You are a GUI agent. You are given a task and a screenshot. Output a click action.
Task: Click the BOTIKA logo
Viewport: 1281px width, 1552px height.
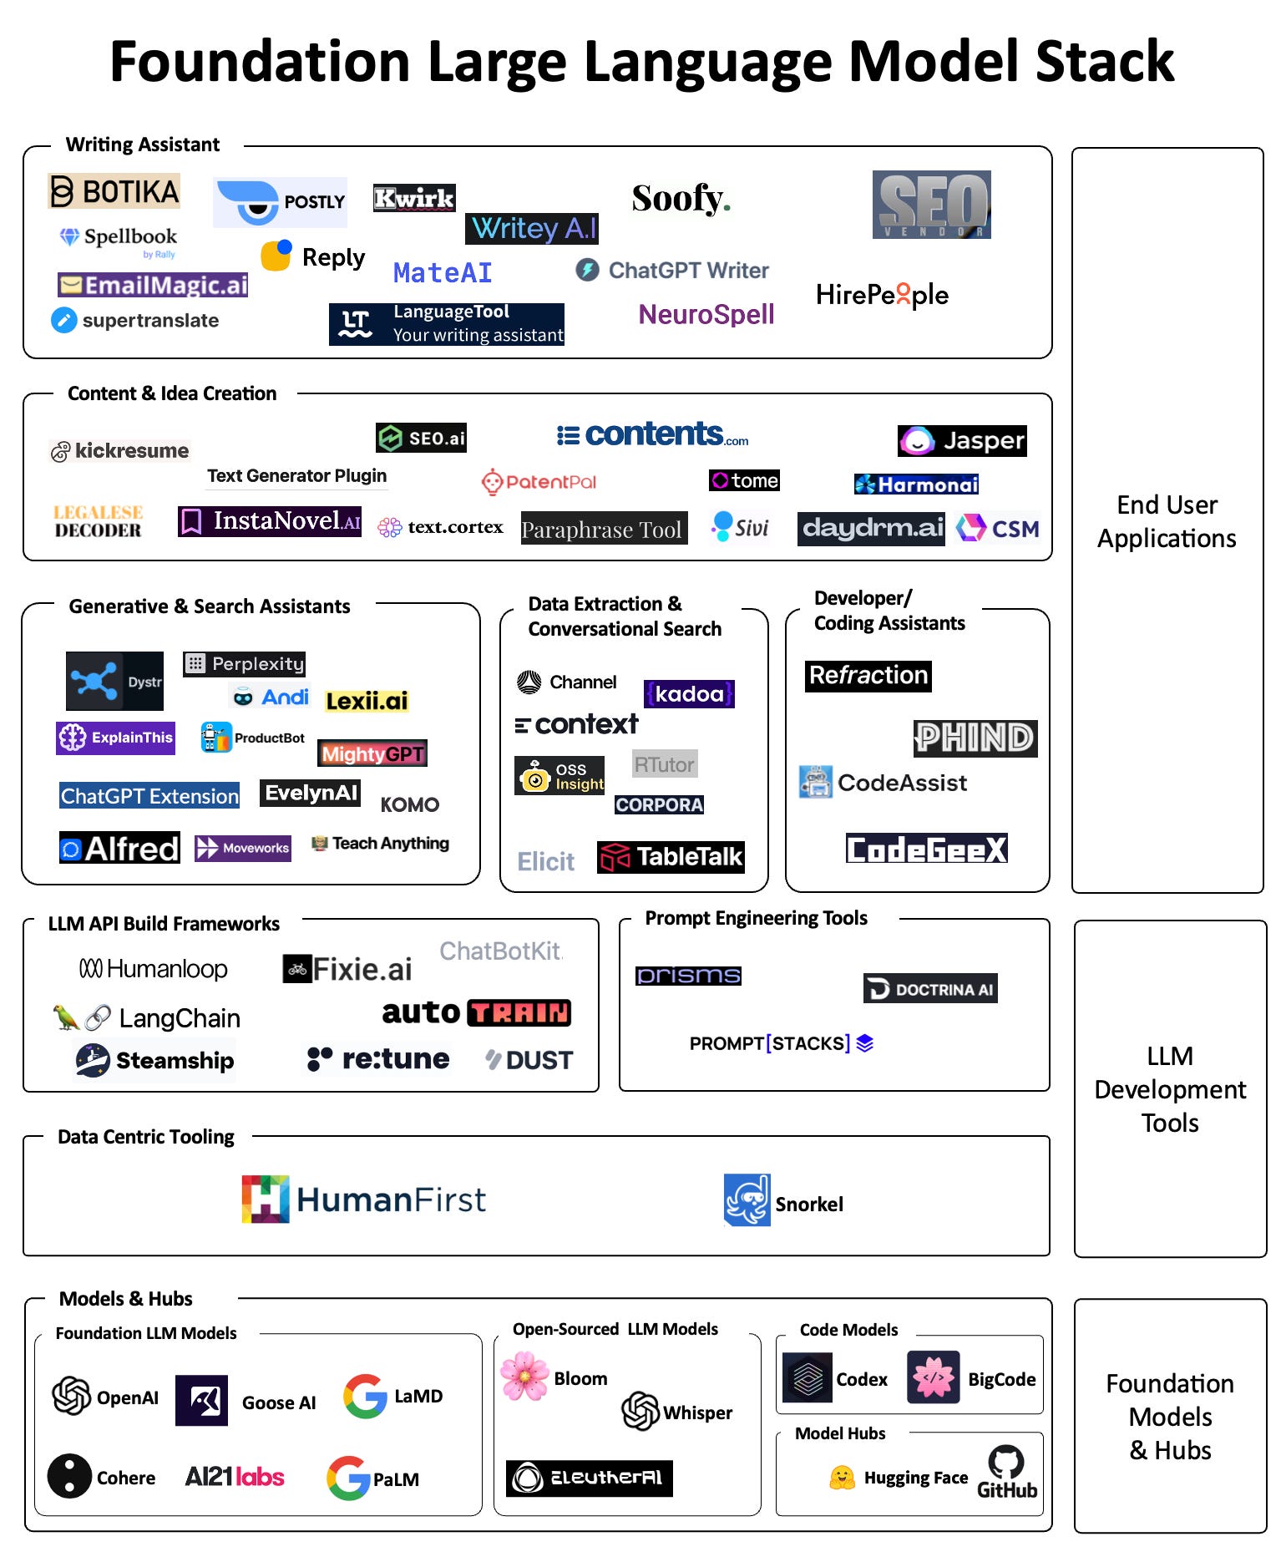pos(114,191)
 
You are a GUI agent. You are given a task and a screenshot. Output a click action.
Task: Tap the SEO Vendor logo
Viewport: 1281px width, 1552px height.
pos(931,205)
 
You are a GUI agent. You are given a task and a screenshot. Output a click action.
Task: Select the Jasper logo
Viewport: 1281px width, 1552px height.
pos(962,440)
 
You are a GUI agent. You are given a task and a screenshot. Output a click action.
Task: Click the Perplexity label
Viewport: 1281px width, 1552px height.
pos(244,664)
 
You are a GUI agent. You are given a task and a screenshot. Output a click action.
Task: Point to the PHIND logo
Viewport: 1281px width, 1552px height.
pos(975,738)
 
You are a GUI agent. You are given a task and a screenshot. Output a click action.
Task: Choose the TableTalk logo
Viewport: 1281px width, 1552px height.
pos(671,857)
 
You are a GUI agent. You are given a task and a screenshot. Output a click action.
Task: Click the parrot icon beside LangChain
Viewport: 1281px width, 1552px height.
pos(66,1017)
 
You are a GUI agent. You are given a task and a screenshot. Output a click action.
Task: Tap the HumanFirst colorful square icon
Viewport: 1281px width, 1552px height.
pos(266,1200)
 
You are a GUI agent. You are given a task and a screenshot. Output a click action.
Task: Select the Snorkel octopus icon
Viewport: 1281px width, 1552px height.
pos(747,1200)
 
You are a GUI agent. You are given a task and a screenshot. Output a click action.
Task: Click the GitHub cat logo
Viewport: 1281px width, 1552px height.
pos(1005,1462)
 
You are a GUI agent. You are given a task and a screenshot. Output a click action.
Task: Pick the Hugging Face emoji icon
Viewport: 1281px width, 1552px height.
pos(842,1478)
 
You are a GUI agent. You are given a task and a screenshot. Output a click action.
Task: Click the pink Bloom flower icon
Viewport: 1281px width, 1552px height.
pos(524,1377)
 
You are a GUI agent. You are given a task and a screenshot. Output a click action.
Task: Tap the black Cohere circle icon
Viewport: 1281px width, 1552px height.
pos(69,1476)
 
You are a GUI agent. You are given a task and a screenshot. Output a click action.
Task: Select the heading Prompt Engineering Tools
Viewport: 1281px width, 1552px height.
pos(756,918)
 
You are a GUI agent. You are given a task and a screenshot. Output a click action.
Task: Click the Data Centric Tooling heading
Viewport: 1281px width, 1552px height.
pos(146,1137)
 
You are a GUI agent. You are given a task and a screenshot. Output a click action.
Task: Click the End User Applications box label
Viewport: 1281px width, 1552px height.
pos(1167,521)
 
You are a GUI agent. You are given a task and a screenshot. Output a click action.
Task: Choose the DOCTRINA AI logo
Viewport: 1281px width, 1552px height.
pos(930,989)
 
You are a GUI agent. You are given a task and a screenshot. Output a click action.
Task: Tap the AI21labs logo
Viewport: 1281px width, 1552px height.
pos(235,1477)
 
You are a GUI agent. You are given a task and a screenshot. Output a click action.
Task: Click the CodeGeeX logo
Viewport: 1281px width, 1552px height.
pos(926,849)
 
